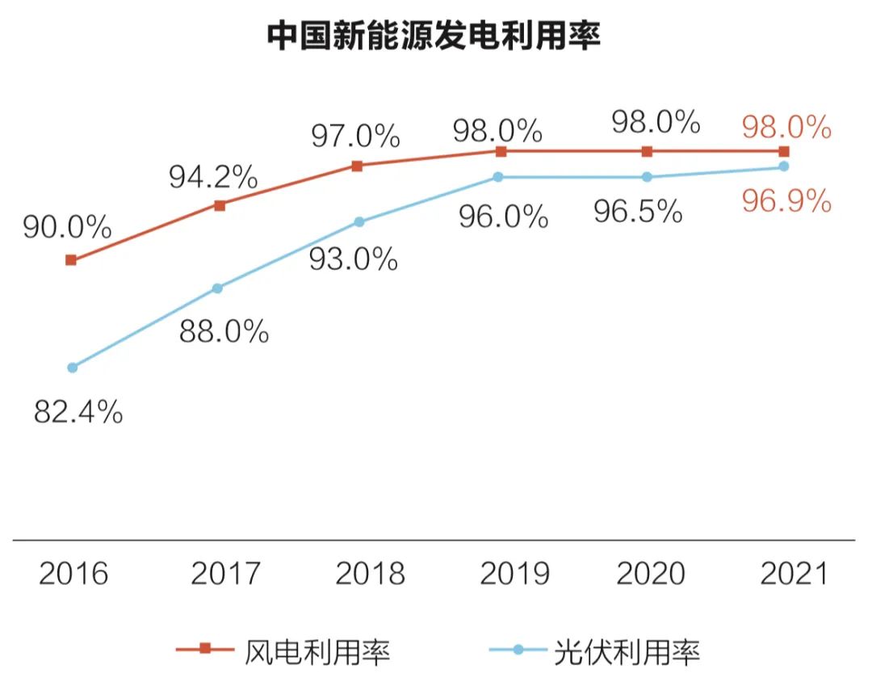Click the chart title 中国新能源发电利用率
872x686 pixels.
[434, 36]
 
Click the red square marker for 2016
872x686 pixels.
[71, 260]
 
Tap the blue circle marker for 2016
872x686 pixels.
[72, 368]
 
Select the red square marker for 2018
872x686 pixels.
[357, 166]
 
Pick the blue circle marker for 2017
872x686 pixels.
[217, 288]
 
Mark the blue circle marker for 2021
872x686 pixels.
[783, 167]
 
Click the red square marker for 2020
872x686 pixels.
[647, 151]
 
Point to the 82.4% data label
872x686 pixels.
[78, 413]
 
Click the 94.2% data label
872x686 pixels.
[213, 177]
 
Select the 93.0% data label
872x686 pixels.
[354, 259]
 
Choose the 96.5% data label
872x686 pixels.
[638, 213]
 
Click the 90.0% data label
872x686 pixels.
[67, 228]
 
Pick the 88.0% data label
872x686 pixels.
[224, 331]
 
